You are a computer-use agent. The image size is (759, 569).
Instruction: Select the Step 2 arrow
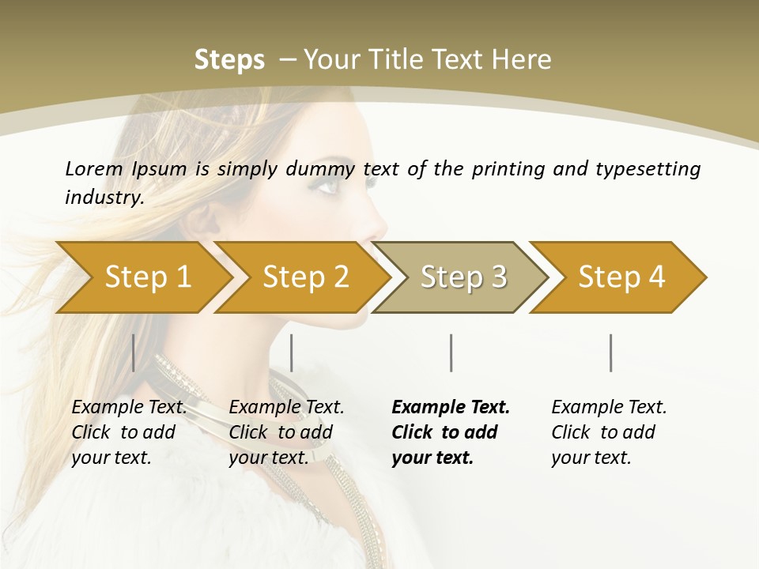coord(305,277)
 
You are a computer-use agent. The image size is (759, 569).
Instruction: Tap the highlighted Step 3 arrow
coord(463,277)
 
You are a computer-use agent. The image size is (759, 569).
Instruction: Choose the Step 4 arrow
coord(621,277)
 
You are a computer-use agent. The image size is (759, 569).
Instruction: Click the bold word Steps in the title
coord(229,60)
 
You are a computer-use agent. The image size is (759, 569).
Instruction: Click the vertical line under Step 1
coord(134,352)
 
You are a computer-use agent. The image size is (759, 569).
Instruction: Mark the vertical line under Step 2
coord(292,352)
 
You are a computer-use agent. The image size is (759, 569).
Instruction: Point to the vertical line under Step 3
coord(451,352)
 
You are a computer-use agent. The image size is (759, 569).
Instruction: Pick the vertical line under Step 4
coord(610,352)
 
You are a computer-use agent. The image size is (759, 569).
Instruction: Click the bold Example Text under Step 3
coord(451,408)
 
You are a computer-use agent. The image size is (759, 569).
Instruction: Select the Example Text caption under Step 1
coord(129,408)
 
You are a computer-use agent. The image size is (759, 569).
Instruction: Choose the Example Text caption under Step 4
coord(609,408)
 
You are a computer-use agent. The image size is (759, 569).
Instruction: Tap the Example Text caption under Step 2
coord(286,408)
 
